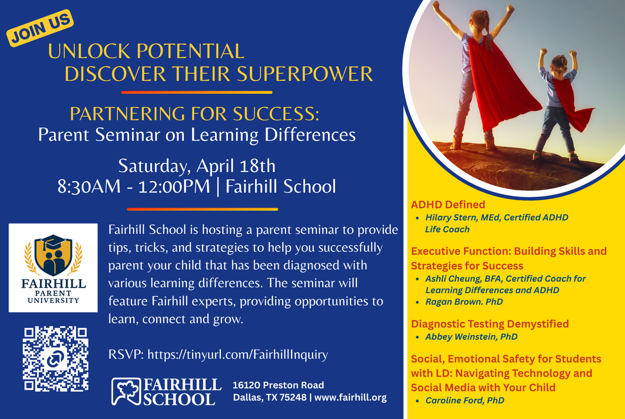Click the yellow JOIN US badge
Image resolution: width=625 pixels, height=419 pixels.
point(40,28)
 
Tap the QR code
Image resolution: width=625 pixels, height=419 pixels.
point(56,359)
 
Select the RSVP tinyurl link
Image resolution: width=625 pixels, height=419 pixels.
point(238,354)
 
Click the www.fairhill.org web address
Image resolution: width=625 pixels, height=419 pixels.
point(351,397)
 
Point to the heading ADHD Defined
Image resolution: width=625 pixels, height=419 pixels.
point(448,205)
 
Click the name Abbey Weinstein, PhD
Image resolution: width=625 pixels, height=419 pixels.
point(471,337)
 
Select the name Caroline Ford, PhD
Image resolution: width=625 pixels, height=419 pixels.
point(465,400)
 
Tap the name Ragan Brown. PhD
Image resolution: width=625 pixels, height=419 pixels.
point(464,302)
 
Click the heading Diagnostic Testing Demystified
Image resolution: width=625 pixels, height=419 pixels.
point(490,324)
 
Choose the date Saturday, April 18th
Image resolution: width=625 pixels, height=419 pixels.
point(197,167)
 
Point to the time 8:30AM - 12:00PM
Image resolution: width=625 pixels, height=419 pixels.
point(134,186)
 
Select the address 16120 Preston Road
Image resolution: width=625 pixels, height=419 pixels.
point(278,385)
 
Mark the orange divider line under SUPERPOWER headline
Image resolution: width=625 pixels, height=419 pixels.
point(197,92)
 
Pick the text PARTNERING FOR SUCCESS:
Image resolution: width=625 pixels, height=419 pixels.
point(194,114)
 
